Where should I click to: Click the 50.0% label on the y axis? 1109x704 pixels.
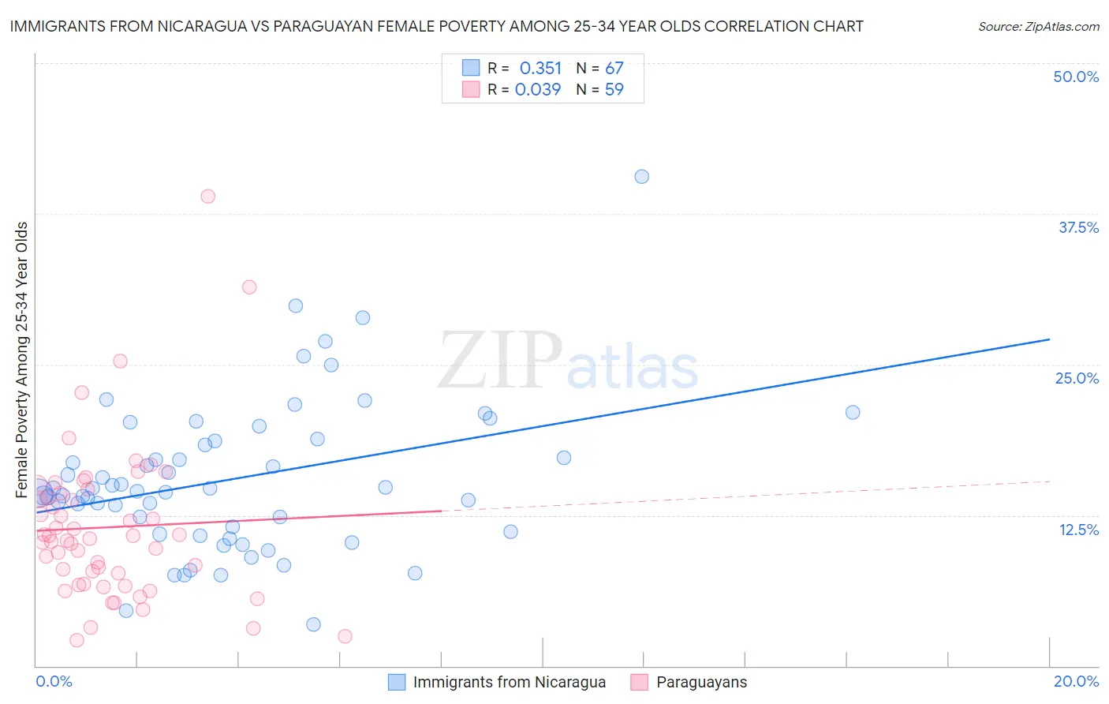1076,77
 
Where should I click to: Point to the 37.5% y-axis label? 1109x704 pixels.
1078,227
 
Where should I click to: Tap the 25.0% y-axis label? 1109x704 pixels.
1077,378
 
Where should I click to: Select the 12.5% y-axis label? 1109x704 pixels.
1078,530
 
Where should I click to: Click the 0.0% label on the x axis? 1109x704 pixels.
54,681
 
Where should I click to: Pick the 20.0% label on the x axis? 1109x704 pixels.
1076,681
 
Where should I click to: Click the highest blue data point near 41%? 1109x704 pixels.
642,177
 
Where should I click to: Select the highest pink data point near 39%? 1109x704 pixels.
208,197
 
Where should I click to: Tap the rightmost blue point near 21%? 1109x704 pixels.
853,412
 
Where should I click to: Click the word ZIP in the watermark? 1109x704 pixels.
500,361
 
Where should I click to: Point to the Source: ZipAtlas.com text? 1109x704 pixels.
1038,26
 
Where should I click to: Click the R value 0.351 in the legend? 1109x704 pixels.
540,68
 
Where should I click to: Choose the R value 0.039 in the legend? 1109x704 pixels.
538,89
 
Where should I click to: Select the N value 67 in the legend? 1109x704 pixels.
614,68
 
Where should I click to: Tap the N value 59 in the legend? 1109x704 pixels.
614,89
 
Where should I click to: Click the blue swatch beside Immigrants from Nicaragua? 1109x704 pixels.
397,682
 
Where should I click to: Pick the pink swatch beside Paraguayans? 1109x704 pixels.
639,682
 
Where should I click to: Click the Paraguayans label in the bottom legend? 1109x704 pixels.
701,682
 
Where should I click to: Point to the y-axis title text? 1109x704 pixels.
22,360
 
